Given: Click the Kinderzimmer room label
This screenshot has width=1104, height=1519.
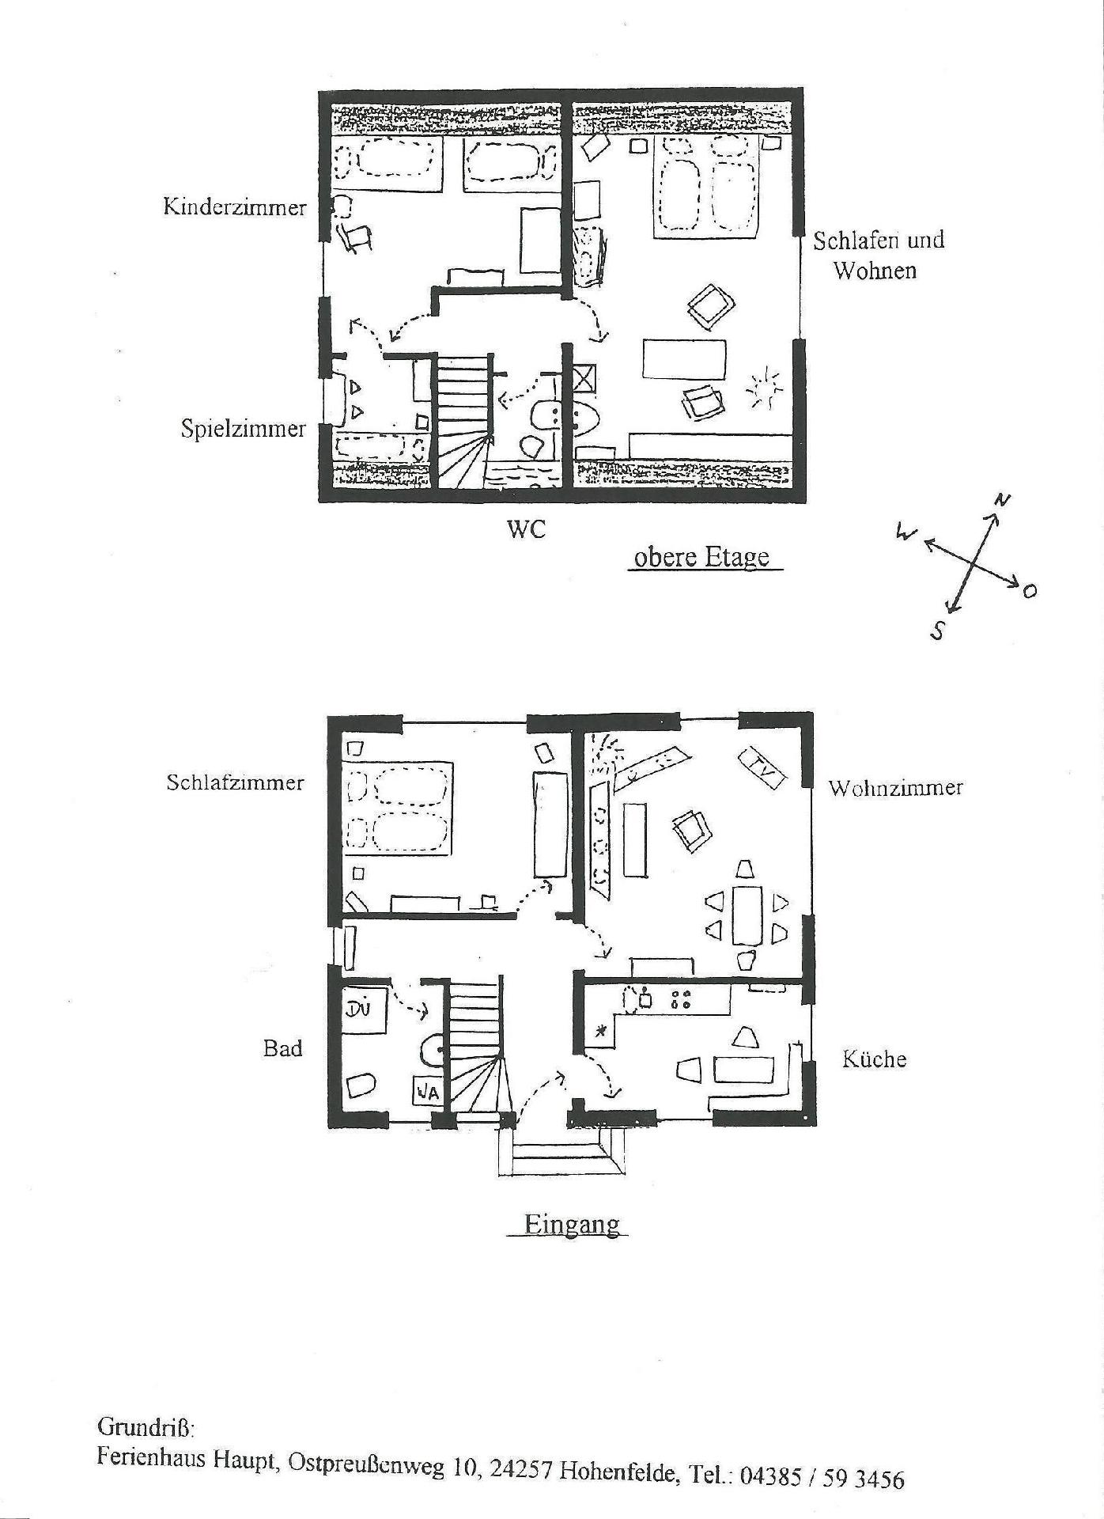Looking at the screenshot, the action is (234, 207).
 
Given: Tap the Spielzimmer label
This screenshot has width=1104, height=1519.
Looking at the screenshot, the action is (243, 430).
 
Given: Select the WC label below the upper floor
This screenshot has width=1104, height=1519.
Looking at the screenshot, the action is (527, 529).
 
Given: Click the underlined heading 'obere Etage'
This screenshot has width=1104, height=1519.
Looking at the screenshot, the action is (702, 557).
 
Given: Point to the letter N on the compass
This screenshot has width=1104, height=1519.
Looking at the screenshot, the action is (1002, 500).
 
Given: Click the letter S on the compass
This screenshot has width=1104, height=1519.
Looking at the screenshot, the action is (938, 631).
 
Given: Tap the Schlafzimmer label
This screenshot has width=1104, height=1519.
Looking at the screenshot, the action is (235, 782).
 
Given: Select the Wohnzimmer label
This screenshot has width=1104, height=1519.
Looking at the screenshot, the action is (895, 788).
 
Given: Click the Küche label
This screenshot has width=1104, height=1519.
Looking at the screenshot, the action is (874, 1059).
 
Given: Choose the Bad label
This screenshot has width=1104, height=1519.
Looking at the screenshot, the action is (283, 1049).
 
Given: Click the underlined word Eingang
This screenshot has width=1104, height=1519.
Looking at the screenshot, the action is (573, 1225).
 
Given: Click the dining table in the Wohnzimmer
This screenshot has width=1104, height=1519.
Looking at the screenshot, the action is (747, 915).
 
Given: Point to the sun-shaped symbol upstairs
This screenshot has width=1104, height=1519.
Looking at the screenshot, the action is (764, 391).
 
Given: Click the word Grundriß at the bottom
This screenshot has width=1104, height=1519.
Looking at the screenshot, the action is (146, 1427).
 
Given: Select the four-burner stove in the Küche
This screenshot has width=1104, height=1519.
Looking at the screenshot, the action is (680, 999).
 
